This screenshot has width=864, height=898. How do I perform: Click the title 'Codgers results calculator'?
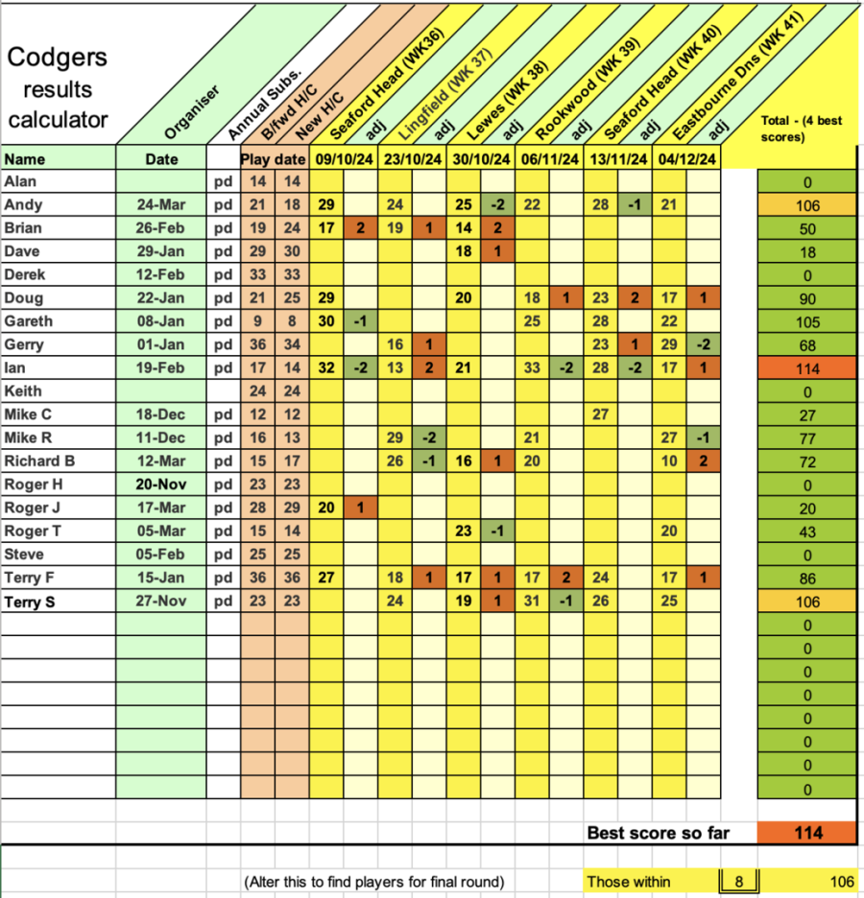(58, 89)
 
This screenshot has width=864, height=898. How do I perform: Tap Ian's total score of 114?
(807, 367)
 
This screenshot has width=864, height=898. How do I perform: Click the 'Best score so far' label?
(658, 832)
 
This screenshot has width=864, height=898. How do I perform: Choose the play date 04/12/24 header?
(686, 158)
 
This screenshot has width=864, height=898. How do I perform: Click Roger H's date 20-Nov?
(161, 484)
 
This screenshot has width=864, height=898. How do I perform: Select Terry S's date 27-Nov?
(161, 602)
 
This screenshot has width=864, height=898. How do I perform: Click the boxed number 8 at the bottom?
(739, 882)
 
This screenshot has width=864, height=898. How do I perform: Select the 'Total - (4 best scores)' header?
(803, 129)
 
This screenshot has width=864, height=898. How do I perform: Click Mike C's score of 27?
(602, 414)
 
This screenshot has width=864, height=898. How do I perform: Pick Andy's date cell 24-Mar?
(161, 204)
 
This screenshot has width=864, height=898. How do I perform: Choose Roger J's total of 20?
(807, 508)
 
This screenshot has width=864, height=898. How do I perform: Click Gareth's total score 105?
(807, 321)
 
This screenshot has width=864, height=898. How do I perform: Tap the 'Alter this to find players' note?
(373, 882)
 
